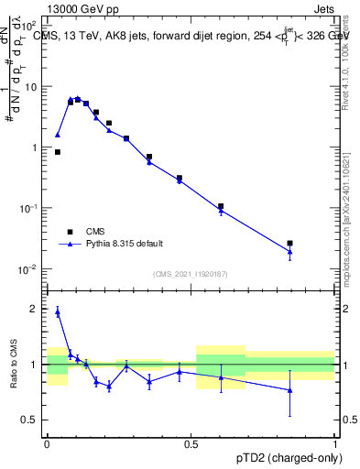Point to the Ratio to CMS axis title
click(16, 364)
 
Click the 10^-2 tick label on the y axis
click(28, 269)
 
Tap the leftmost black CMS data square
click(58, 152)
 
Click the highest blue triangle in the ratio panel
click(58, 311)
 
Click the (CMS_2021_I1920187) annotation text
click(191, 274)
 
